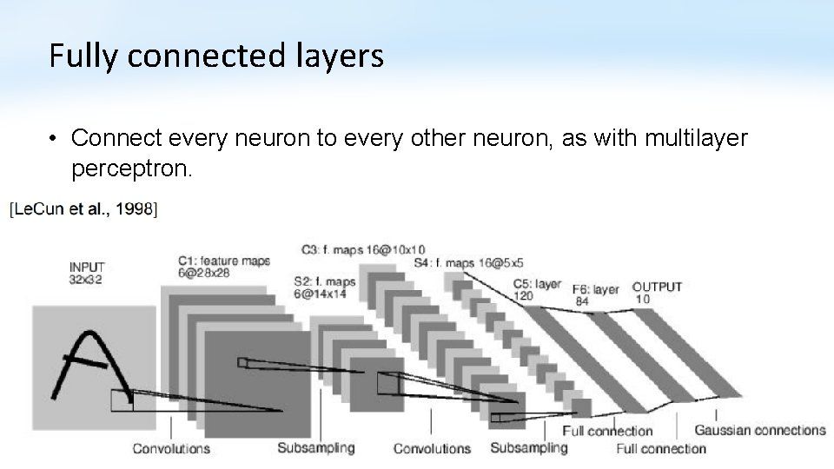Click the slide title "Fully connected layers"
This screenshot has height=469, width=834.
pos(215,56)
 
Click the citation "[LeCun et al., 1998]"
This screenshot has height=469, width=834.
pos(83,208)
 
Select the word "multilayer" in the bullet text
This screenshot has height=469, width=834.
pos(695,138)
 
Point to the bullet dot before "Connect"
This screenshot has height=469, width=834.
pos(54,139)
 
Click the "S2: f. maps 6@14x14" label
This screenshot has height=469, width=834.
pos(324,287)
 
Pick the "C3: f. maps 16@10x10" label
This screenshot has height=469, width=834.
pos(363,250)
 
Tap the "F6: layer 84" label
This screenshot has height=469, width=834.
pos(595,295)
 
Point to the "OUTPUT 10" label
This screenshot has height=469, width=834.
pos(657,293)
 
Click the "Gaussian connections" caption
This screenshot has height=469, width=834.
pos(759,430)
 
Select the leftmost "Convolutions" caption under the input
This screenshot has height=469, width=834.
pos(171,449)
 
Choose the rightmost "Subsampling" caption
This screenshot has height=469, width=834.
pos(528,448)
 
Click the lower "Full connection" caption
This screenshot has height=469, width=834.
pos(661,449)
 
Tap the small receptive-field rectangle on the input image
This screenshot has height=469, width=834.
pos(122,400)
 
